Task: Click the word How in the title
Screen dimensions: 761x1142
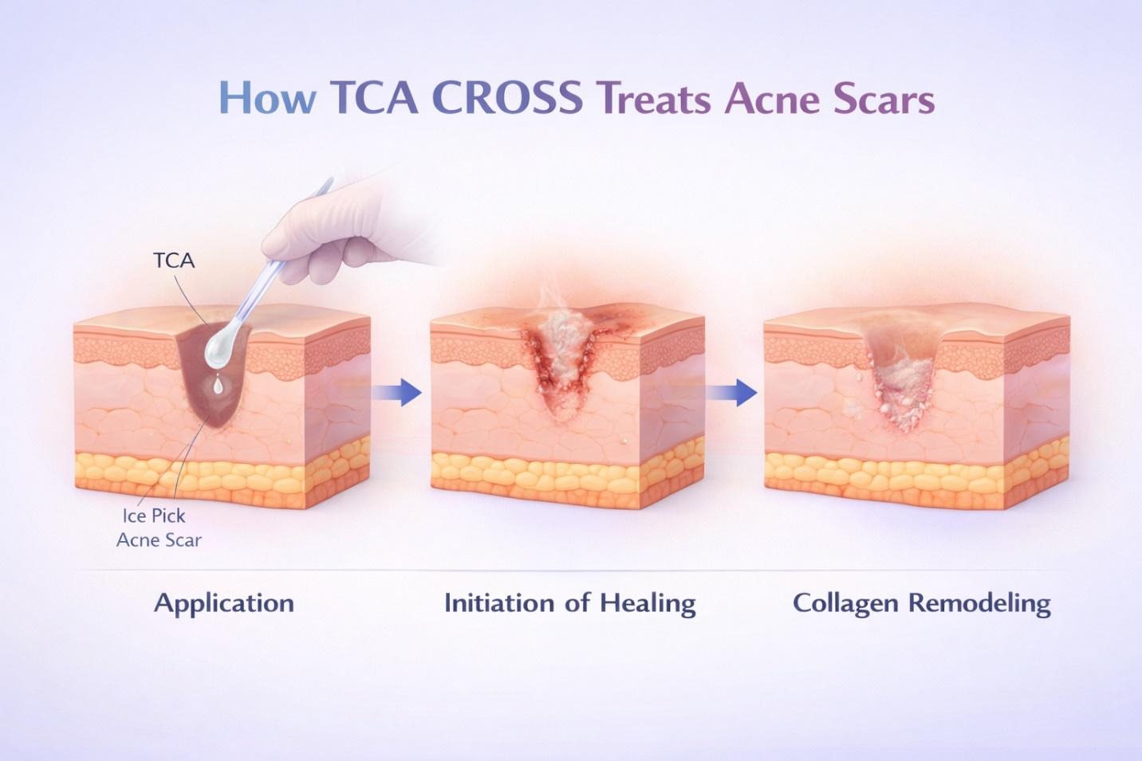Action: point(266,100)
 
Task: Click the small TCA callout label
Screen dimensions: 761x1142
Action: point(174,261)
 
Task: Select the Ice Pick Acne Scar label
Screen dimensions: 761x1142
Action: point(159,528)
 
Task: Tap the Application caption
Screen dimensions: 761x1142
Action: point(224,602)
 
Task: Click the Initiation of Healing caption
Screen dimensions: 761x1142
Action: point(569,602)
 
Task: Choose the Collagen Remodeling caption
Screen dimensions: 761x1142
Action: point(921,602)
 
